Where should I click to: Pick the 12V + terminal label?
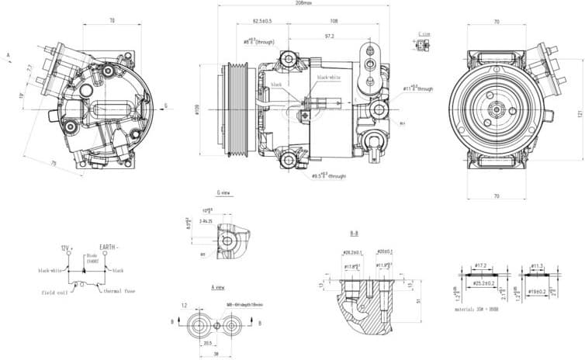67,248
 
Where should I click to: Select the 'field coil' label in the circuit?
57,292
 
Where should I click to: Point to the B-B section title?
354,233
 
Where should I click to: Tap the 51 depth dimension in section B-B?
418,301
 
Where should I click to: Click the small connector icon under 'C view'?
423,45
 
